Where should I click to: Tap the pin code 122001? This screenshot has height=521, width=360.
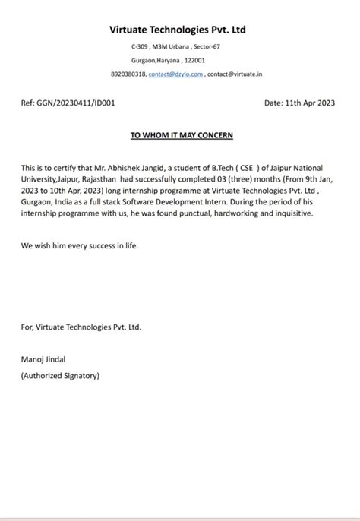tap(194, 61)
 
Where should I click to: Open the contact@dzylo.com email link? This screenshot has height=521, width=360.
tap(175, 74)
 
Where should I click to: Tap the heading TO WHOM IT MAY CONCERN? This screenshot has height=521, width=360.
tap(182, 135)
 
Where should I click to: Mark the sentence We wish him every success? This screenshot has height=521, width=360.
tap(80, 247)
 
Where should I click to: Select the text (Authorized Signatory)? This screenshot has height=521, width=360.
tap(60, 375)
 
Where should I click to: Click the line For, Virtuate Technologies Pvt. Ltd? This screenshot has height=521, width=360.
tap(81, 327)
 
